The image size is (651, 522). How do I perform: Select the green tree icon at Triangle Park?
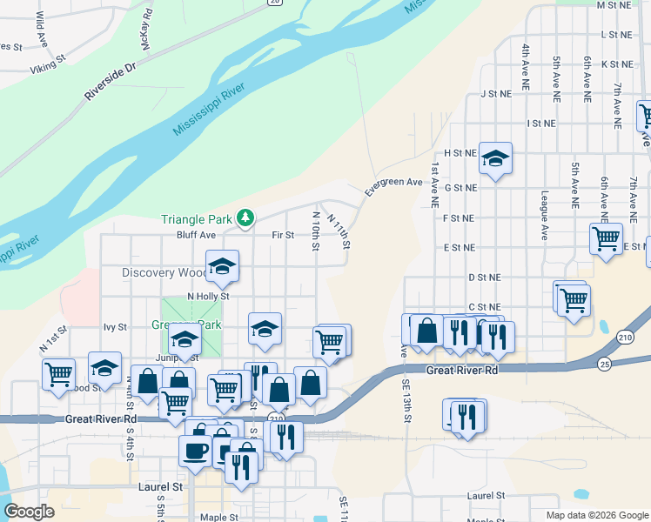pos(246,217)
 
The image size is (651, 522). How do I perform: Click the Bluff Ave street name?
pos(195,235)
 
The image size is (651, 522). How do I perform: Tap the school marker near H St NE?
pos(495,158)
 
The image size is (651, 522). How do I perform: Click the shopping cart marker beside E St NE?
pos(606,238)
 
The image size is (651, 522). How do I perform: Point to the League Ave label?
pos(545,215)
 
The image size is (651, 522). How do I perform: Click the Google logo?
pos(29,512)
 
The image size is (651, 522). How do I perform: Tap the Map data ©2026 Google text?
pos(596,515)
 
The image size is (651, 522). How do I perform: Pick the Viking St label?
pos(48,65)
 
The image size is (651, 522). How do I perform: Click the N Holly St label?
pos(207,297)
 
